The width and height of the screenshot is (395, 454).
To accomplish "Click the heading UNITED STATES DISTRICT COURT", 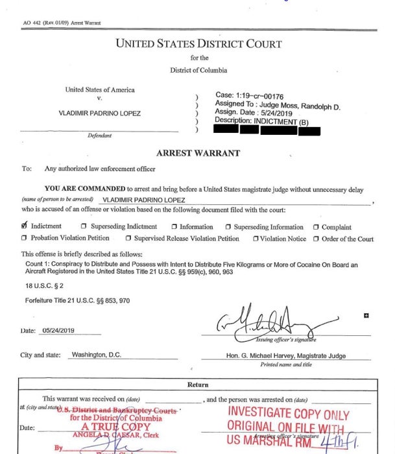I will [198, 44].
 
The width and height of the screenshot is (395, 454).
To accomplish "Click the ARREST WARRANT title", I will [198, 154].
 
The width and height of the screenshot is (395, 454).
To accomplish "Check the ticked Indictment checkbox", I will [25, 226].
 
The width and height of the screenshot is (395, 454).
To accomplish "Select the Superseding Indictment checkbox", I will [84, 227].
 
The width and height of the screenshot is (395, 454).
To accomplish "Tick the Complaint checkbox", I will [316, 228].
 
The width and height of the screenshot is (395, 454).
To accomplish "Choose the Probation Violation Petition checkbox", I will [25, 239].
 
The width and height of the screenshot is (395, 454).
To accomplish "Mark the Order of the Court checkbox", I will [316, 239].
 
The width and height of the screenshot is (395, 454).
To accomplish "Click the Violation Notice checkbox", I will [256, 239].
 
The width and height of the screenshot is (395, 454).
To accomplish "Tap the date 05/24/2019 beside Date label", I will [58, 330].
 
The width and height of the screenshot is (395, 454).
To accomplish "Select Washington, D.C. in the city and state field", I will [96, 355].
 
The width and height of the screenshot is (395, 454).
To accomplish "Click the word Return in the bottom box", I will [198, 385].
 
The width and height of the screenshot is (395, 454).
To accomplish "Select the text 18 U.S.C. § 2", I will [43, 285].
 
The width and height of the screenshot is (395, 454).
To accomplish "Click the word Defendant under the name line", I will [100, 136].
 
